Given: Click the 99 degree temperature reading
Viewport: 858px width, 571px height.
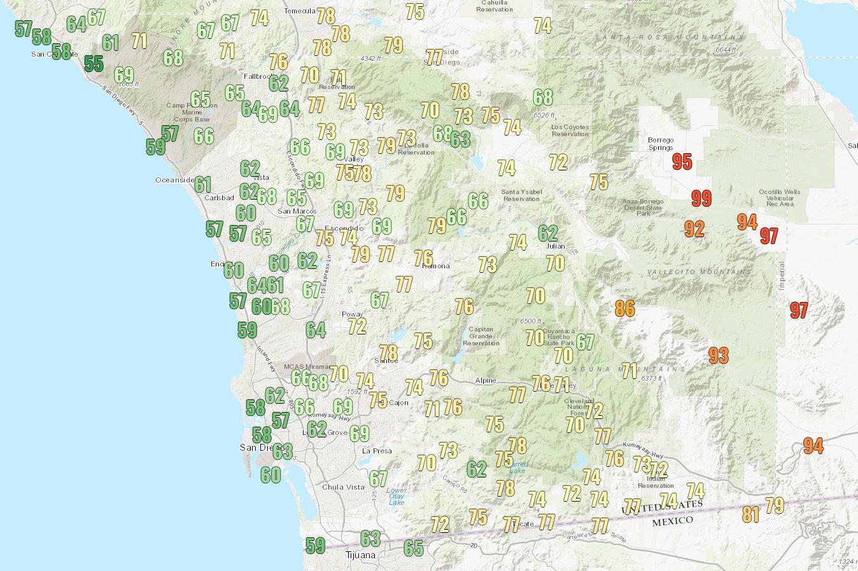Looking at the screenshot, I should tap(701, 198).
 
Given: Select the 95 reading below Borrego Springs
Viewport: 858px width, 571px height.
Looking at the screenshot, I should tap(682, 162).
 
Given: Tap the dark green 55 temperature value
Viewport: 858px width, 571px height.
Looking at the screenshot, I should tap(94, 64).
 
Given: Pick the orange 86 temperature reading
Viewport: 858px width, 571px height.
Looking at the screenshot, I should tap(625, 309).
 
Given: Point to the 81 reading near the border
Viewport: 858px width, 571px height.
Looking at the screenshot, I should tap(751, 514).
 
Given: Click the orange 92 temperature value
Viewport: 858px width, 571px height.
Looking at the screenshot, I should tap(694, 229).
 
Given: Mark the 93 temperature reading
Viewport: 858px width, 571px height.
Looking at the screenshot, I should tap(719, 355).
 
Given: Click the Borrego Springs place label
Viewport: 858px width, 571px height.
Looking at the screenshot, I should tap(661, 144).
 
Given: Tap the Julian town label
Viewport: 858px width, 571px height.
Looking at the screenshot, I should tap(555, 246).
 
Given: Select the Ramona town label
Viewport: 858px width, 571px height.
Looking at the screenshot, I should tap(437, 266).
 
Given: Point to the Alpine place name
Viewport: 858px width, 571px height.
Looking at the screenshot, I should tap(486, 380).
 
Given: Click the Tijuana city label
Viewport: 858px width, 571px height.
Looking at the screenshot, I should tap(360, 555).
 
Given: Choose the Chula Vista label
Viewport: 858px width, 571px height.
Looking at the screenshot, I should tap(343, 487).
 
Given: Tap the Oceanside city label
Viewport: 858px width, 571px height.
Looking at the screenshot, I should tap(174, 180).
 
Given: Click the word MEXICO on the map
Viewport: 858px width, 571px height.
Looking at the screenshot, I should tap(672, 521).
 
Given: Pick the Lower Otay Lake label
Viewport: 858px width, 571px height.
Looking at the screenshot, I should tap(397, 496).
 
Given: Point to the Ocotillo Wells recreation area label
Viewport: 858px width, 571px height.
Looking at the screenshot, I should tap(780, 198).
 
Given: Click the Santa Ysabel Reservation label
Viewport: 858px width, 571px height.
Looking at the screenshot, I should tap(521, 195).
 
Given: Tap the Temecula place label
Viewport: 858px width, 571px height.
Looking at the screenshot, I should tap(299, 11).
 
